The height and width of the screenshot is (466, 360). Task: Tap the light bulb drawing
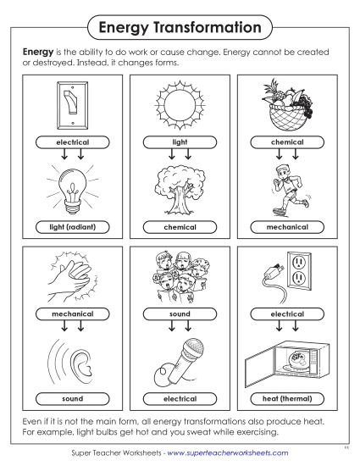point(71,187)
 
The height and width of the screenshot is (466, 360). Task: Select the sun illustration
point(179,107)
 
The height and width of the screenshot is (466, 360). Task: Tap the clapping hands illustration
point(71,276)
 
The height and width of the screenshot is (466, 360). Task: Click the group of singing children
point(179,276)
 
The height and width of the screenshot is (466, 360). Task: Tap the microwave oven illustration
point(287,361)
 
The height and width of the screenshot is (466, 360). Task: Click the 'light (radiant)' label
point(71,227)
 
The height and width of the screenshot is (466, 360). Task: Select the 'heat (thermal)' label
point(287,397)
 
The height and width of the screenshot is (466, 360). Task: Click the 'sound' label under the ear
point(71,397)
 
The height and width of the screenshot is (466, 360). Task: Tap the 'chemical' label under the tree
point(179,227)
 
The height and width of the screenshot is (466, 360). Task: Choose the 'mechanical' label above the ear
point(71,313)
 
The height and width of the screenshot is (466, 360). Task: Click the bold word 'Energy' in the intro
point(38,52)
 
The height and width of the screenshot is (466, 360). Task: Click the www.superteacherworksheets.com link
point(228,453)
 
